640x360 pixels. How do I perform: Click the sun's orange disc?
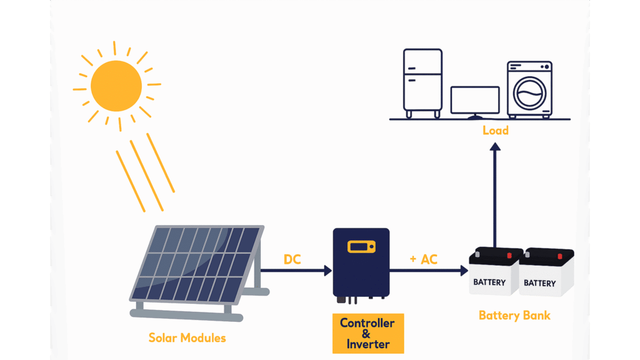[x=116, y=86]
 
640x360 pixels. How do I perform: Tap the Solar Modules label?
[x=187, y=338]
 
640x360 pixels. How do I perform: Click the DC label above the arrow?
[x=292, y=259]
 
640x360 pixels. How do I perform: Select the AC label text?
[x=429, y=259]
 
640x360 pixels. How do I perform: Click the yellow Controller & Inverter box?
[x=367, y=333]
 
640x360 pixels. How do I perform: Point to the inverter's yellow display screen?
[x=362, y=246]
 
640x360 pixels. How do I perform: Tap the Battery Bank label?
[x=514, y=315]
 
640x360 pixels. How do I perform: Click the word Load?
[x=495, y=131]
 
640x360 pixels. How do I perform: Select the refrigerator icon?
[x=422, y=82]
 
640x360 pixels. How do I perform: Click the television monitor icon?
[x=475, y=101]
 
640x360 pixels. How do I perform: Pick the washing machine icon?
[x=529, y=89]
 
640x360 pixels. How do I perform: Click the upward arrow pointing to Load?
[x=495, y=194]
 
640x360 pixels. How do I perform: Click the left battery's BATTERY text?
[x=489, y=282]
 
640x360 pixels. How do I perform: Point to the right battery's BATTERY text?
[x=539, y=283]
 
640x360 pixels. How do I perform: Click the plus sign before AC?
[x=413, y=259]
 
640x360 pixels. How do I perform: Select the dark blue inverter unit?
[x=361, y=263]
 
